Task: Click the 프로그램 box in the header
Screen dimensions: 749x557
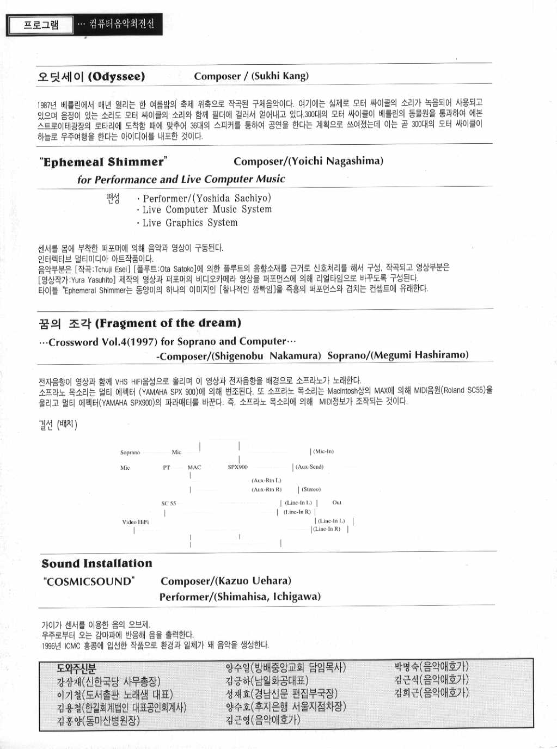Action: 41,25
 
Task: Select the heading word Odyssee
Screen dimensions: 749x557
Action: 117,77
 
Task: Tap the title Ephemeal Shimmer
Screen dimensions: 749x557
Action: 103,162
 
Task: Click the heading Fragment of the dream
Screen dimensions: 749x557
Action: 168,323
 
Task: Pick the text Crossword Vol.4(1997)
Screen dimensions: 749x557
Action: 103,342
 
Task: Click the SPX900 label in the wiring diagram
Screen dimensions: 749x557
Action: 237,467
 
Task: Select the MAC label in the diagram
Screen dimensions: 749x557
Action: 194,467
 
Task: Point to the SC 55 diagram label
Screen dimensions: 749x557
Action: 168,504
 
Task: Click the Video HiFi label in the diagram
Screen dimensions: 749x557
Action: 135,522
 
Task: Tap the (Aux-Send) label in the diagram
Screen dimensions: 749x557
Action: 309,467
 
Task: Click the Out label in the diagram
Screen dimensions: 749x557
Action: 337,502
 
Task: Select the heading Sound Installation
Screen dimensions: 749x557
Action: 97,564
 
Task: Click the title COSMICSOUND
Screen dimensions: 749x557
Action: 89,581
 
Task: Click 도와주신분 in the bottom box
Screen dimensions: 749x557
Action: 76,669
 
